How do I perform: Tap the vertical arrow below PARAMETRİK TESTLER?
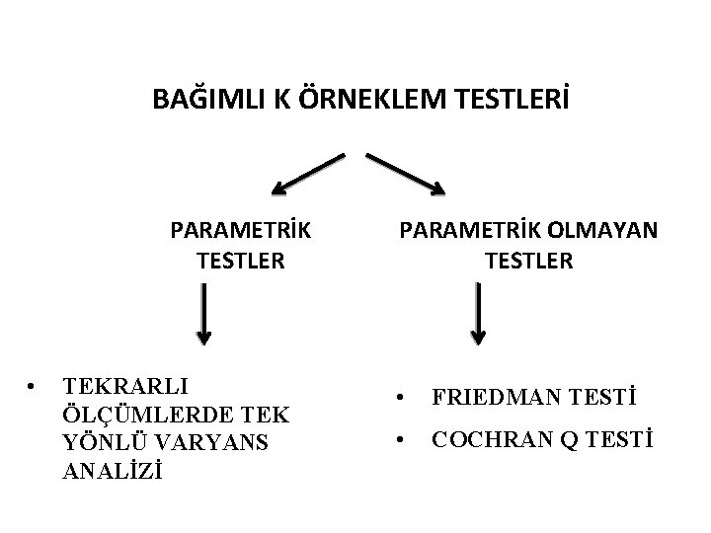(202, 314)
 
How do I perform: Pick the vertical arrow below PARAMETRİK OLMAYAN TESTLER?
(478, 314)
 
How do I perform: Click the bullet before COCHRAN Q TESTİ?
(400, 441)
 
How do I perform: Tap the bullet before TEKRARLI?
(33, 384)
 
